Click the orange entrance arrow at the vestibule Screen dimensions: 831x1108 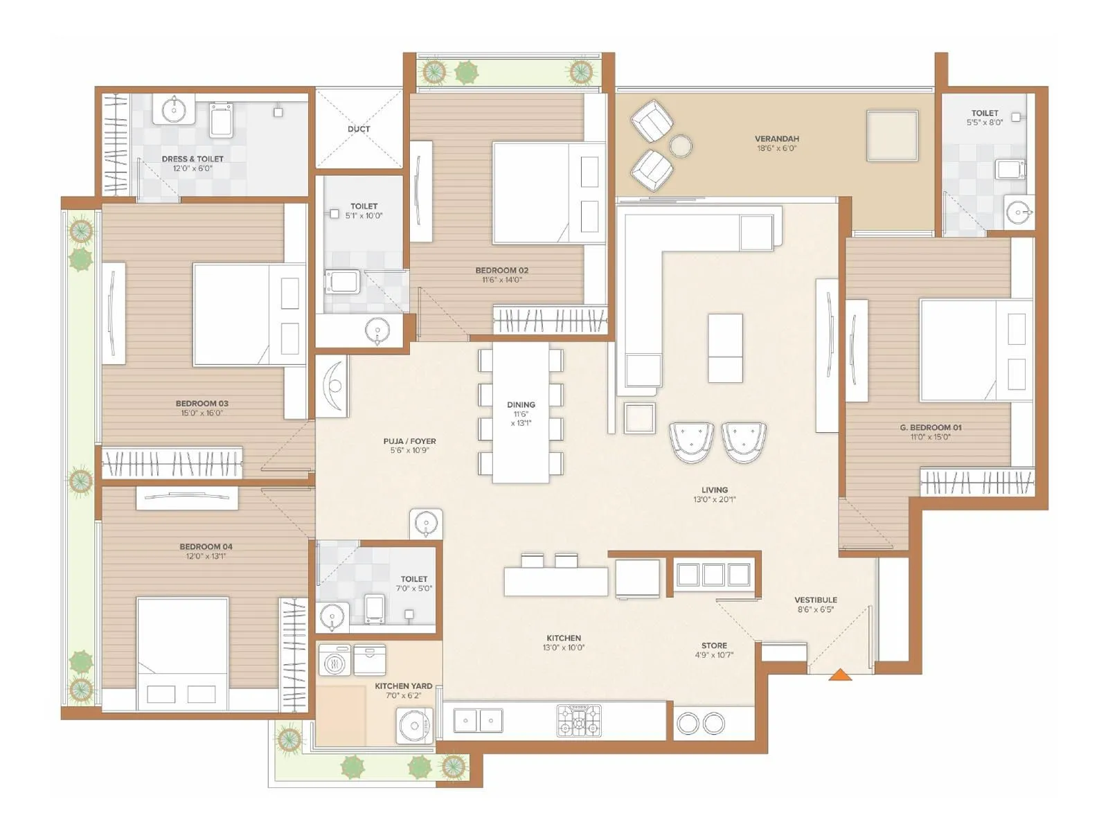pyautogui.click(x=840, y=674)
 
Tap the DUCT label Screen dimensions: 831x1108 pyautogui.click(x=359, y=129)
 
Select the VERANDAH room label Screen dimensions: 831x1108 pyautogui.click(x=776, y=138)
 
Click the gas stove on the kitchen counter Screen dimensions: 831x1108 pyautogui.click(x=580, y=720)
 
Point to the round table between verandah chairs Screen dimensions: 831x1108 pyautogui.click(x=681, y=146)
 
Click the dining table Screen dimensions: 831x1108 pyautogui.click(x=521, y=413)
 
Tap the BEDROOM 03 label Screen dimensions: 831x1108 pyautogui.click(x=202, y=403)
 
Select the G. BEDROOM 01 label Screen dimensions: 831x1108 pyautogui.click(x=930, y=427)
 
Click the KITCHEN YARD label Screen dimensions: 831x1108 pyautogui.click(x=403, y=686)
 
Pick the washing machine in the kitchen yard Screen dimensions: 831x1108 pyautogui.click(x=335, y=661)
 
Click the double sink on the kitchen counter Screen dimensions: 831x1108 pyautogui.click(x=478, y=720)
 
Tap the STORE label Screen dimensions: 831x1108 pyautogui.click(x=714, y=645)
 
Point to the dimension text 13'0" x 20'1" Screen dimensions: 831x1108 pyautogui.click(x=714, y=499)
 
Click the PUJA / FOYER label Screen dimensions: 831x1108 pyautogui.click(x=409, y=441)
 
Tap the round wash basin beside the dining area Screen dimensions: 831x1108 pyautogui.click(x=426, y=523)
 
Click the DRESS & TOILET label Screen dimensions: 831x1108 pyautogui.click(x=193, y=159)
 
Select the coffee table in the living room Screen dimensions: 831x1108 pyautogui.click(x=725, y=348)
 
